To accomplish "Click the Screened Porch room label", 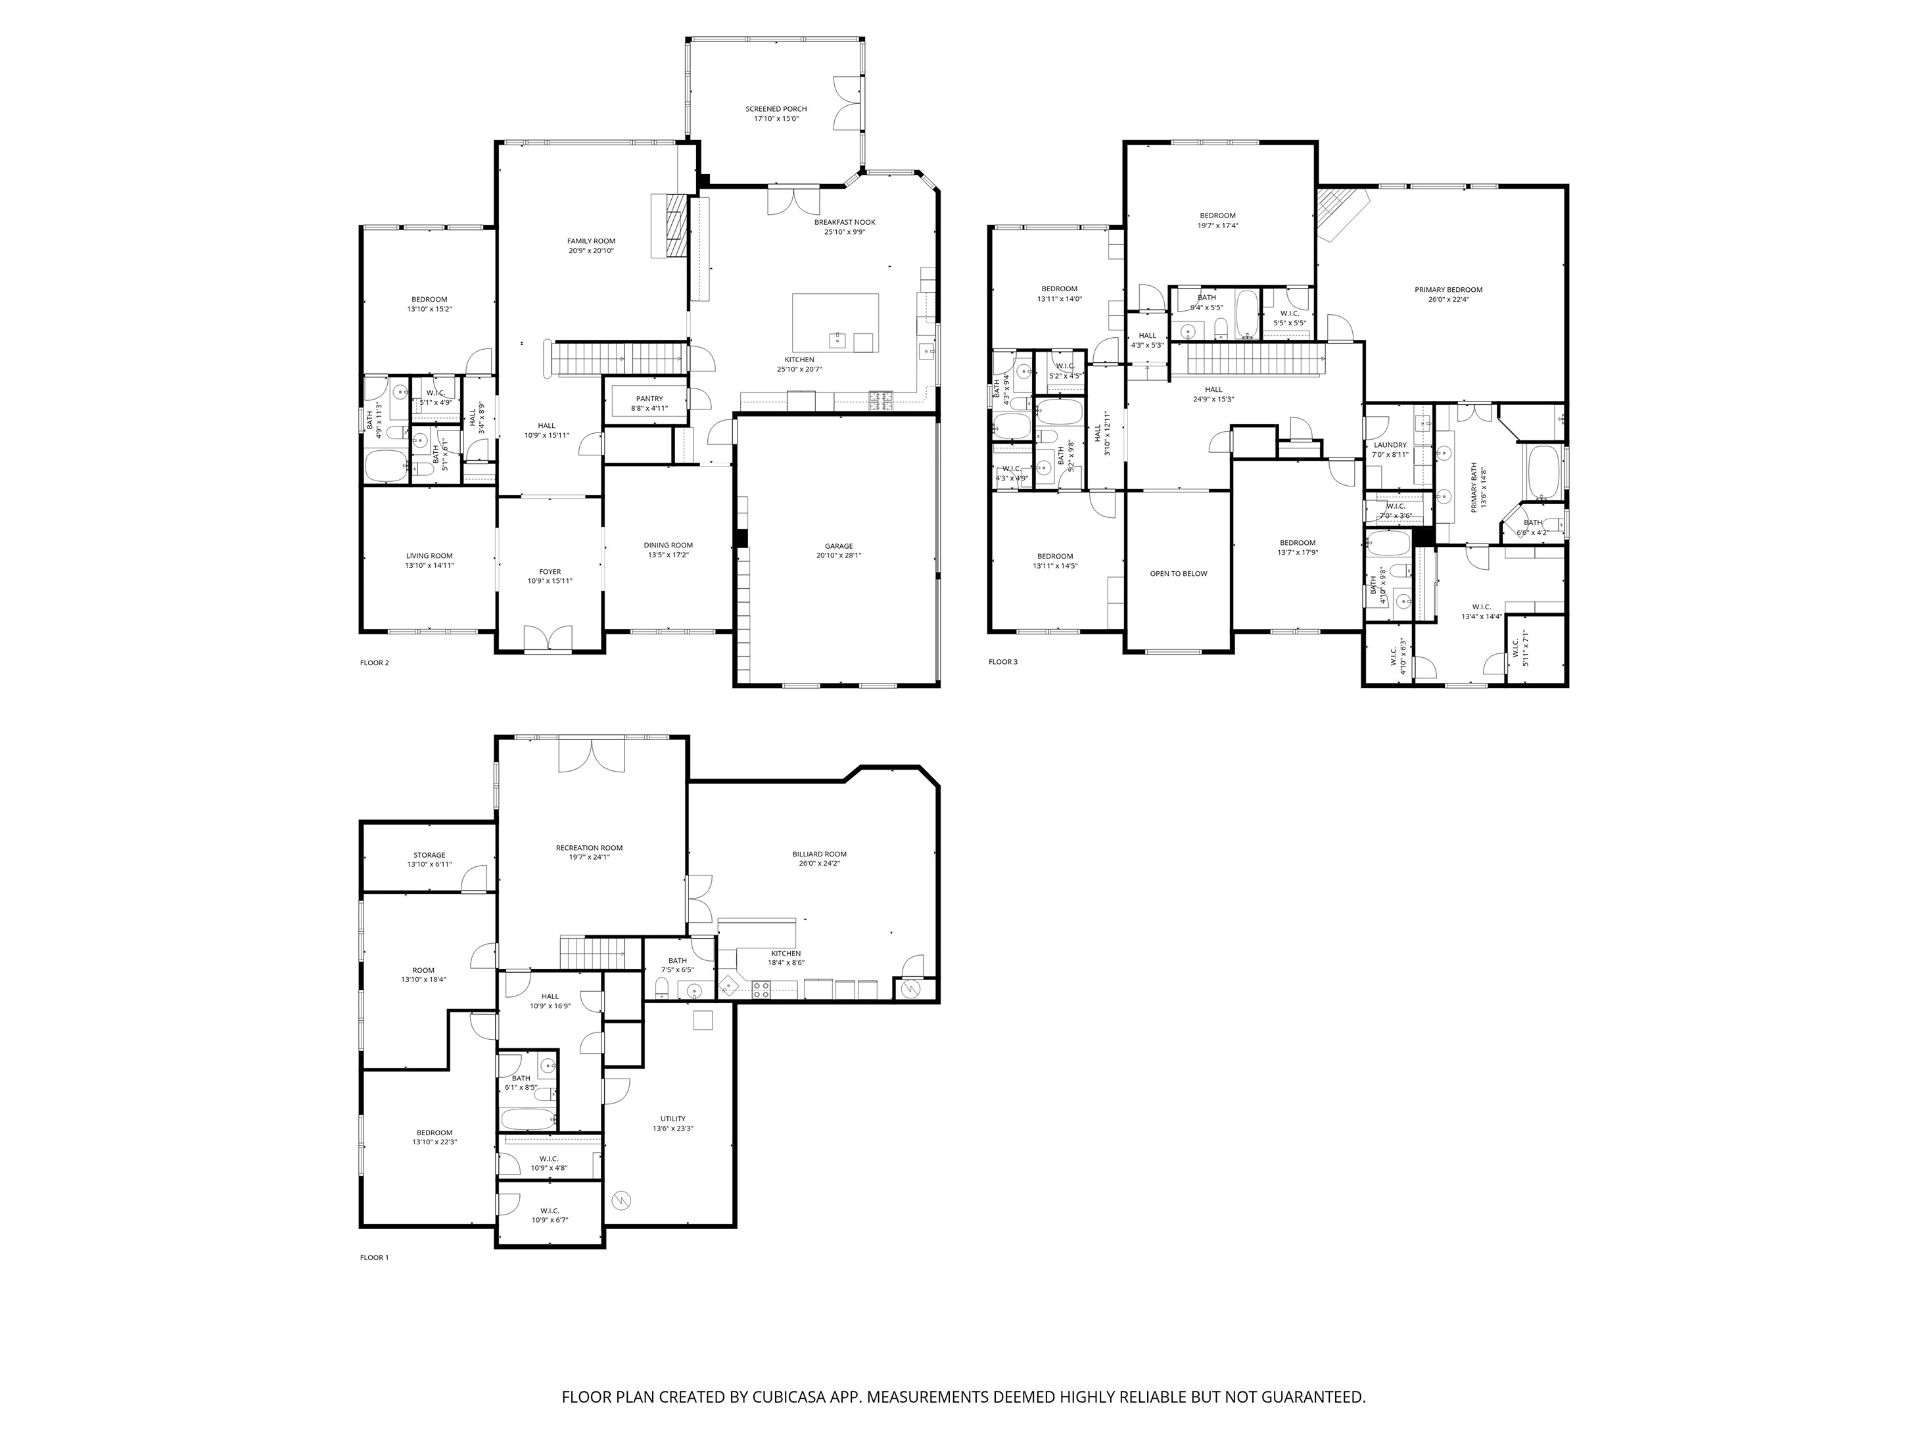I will (x=776, y=109).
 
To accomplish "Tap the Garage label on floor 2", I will (x=839, y=546).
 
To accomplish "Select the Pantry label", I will (x=649, y=398).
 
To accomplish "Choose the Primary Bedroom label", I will (x=1447, y=289).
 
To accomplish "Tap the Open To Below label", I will (x=1179, y=574).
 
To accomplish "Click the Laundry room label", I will (x=1390, y=444).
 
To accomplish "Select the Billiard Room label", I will (x=819, y=854).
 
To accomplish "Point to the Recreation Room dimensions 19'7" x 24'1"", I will (x=589, y=857).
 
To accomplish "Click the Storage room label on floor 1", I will (x=429, y=855).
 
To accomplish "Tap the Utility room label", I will (x=672, y=1118).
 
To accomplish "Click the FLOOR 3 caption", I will (x=1002, y=662).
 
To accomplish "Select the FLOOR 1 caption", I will (x=374, y=1258).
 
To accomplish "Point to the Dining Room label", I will (x=669, y=546).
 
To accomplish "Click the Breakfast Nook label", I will (x=845, y=222).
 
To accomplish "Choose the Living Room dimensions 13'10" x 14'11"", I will (x=429, y=565).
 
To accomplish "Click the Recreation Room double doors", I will (x=592, y=755).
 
